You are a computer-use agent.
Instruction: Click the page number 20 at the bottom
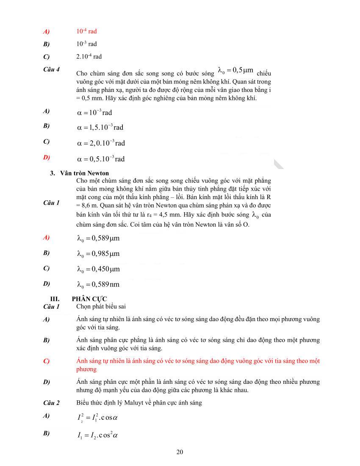click(x=180, y=452)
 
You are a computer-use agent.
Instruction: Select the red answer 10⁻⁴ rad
click(x=86, y=31)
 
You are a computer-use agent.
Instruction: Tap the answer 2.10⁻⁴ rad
click(x=89, y=56)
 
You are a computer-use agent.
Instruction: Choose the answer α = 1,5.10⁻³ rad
click(x=100, y=127)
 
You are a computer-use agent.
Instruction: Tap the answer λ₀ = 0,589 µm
click(x=98, y=238)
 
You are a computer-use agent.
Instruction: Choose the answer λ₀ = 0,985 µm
click(x=98, y=254)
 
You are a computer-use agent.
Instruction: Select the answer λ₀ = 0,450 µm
click(x=98, y=269)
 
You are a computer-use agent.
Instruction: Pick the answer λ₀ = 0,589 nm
click(x=98, y=284)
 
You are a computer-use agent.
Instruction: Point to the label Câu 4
click(x=51, y=69)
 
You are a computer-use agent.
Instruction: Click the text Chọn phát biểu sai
click(x=101, y=307)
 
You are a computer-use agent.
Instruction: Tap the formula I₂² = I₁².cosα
click(x=97, y=418)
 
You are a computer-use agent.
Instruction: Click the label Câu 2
click(x=51, y=402)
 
